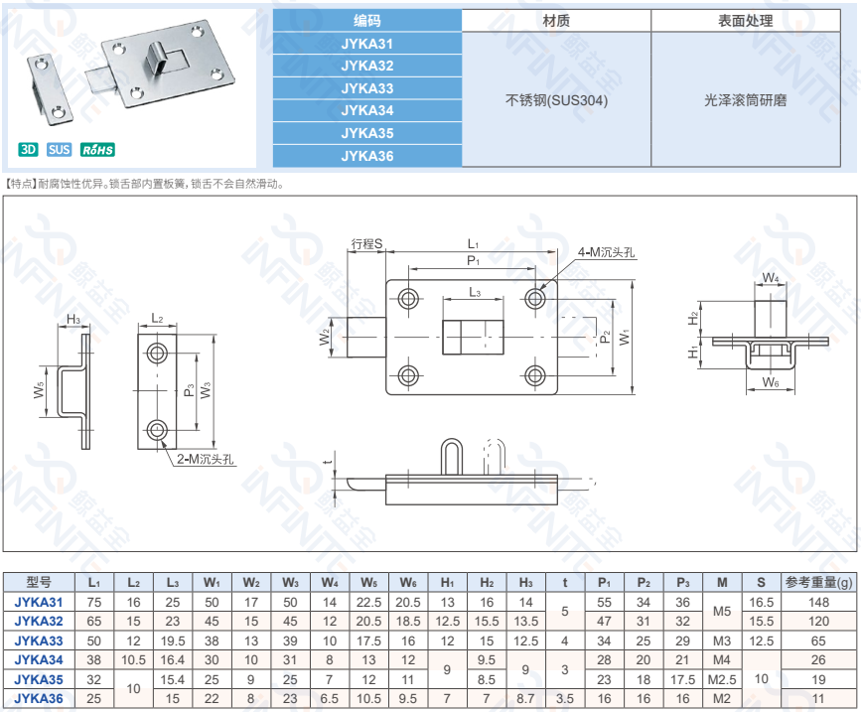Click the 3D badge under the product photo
[x=27, y=150]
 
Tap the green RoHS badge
[x=97, y=150]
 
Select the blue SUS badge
[x=59, y=150]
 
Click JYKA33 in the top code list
[x=366, y=87]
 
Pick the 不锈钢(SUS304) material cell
[x=556, y=100]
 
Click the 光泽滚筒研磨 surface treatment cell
[x=746, y=100]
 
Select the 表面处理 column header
[x=746, y=21]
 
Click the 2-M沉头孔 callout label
[x=206, y=459]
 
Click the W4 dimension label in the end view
[x=771, y=277]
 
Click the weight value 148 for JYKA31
[x=819, y=603]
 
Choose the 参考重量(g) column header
[x=819, y=583]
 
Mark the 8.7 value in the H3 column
[x=526, y=698]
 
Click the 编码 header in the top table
[x=366, y=21]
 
